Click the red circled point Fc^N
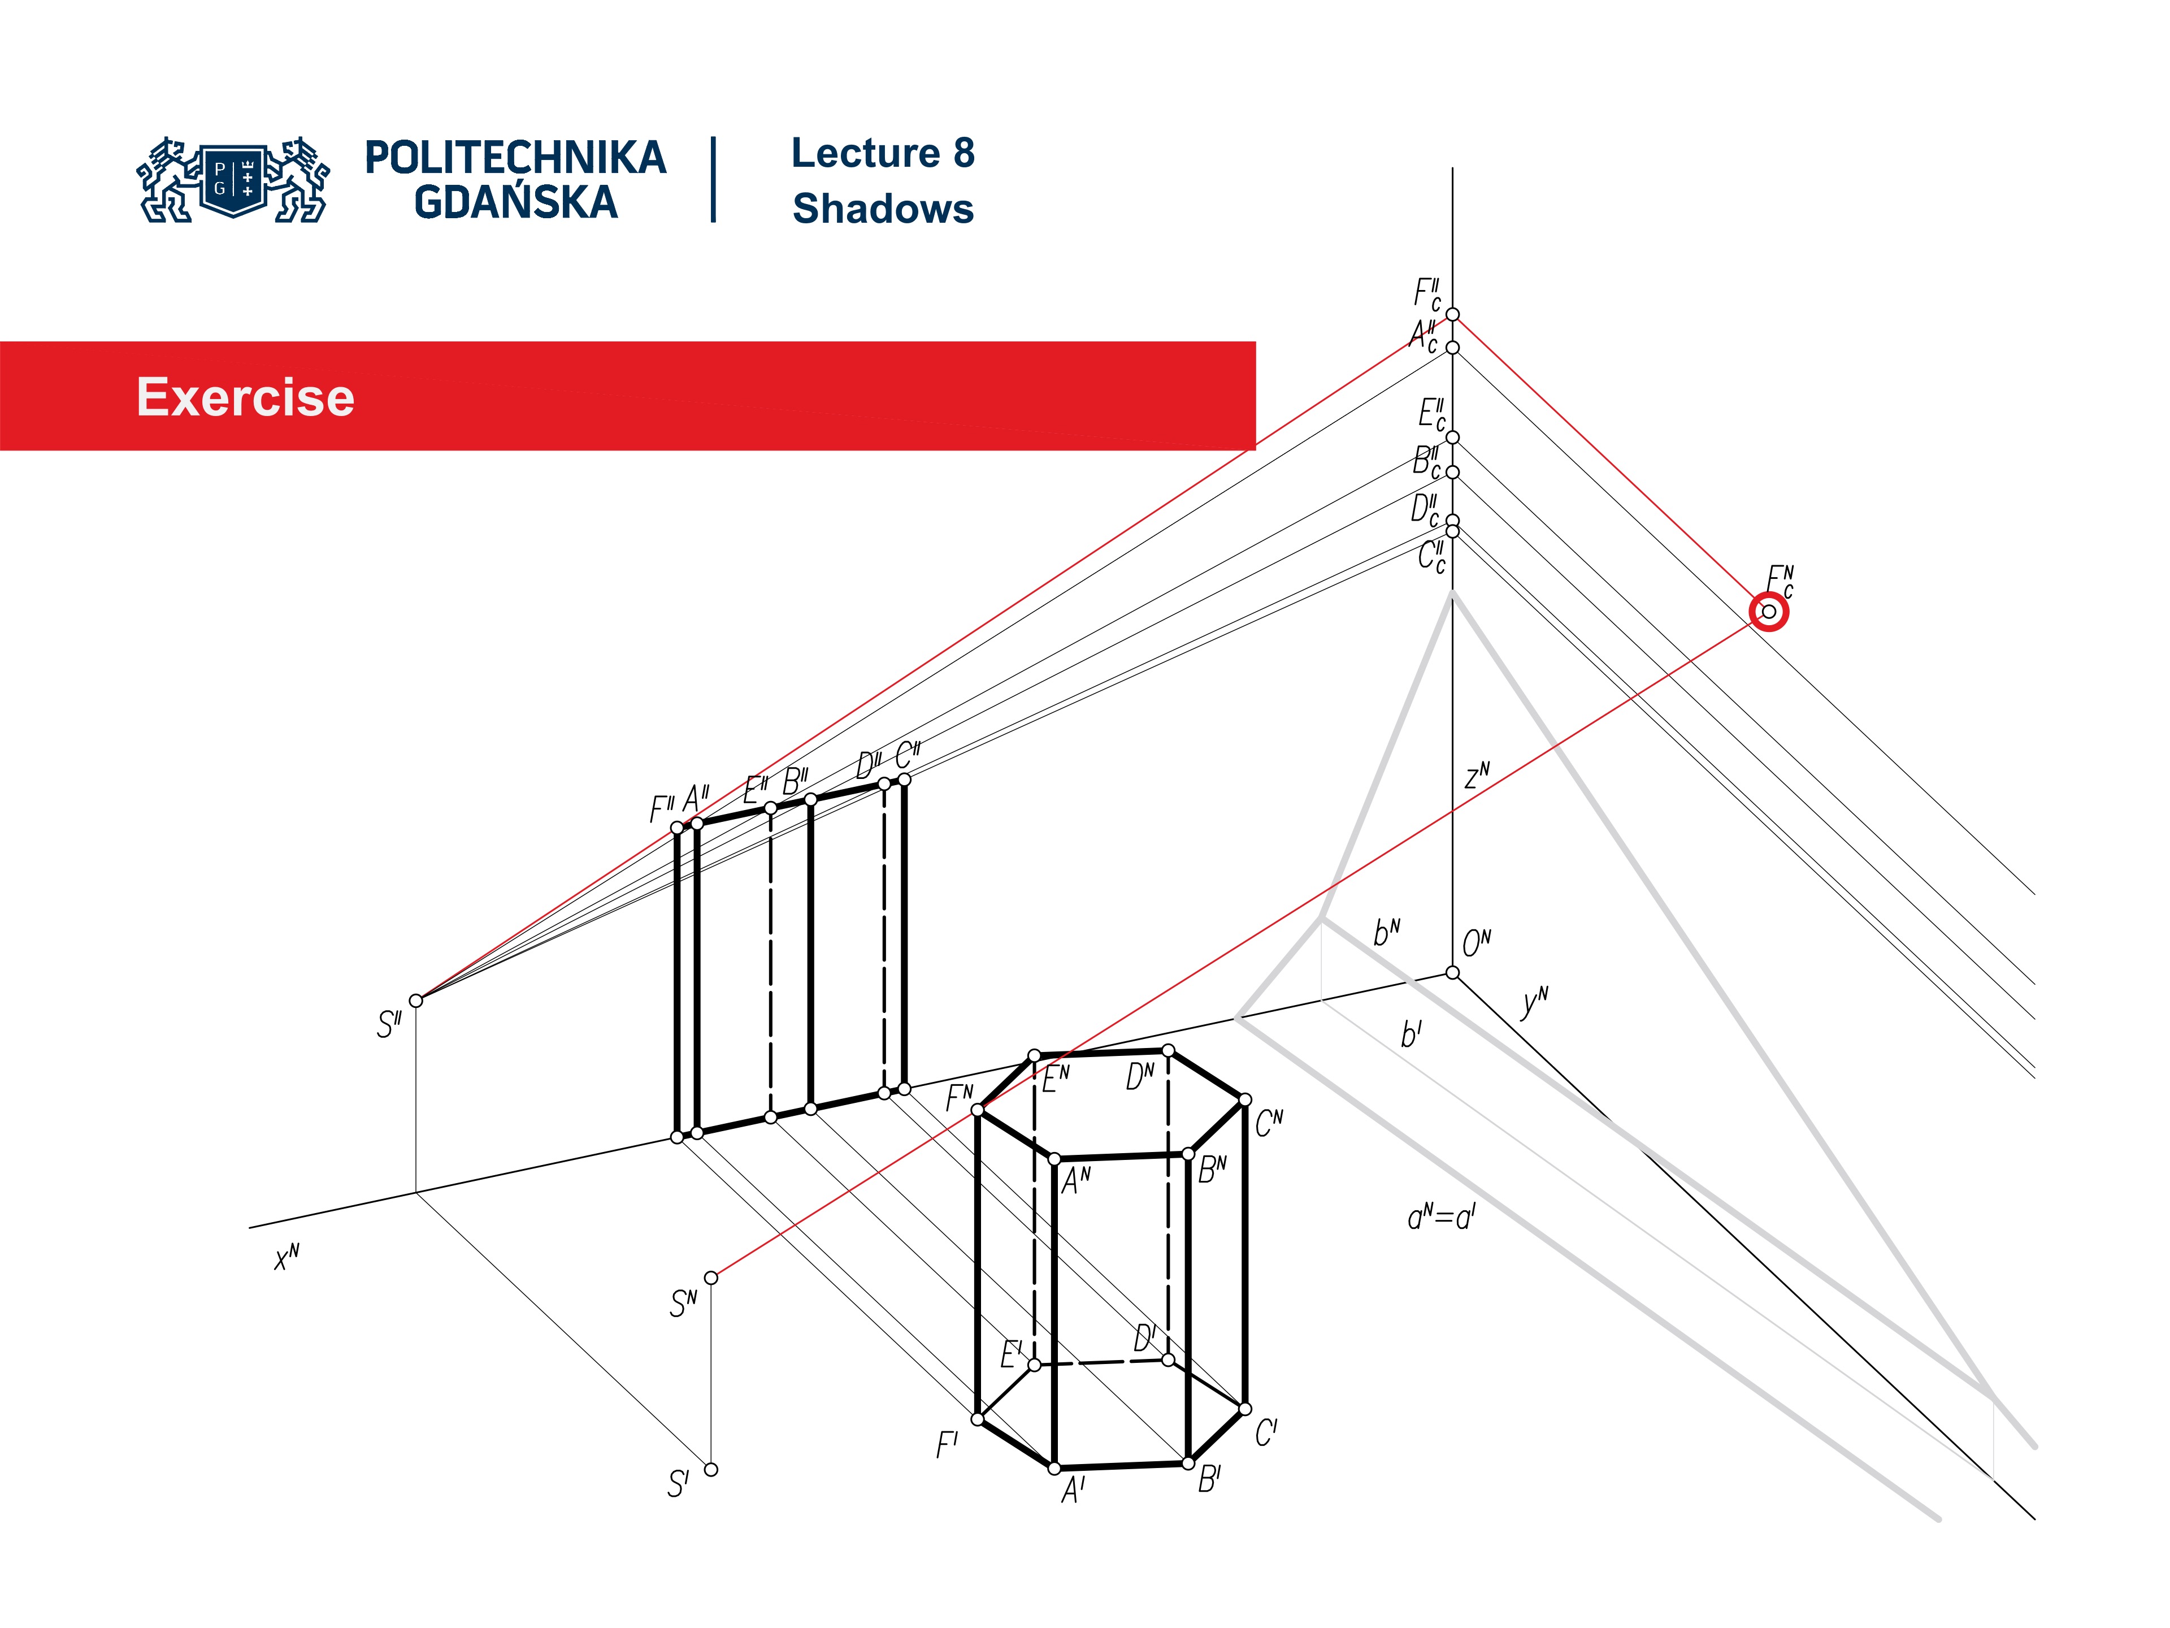pyautogui.click(x=1769, y=612)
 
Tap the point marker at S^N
pyautogui.click(x=711, y=1278)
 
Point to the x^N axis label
pyautogui.click(x=287, y=1257)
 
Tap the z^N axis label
pyautogui.click(x=1477, y=776)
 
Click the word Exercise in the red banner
pyautogui.click(x=245, y=397)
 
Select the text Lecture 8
pyautogui.click(x=883, y=154)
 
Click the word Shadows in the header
pyautogui.click(x=883, y=209)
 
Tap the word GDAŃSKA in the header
pyautogui.click(x=516, y=203)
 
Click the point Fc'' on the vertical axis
pyautogui.click(x=1453, y=314)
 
